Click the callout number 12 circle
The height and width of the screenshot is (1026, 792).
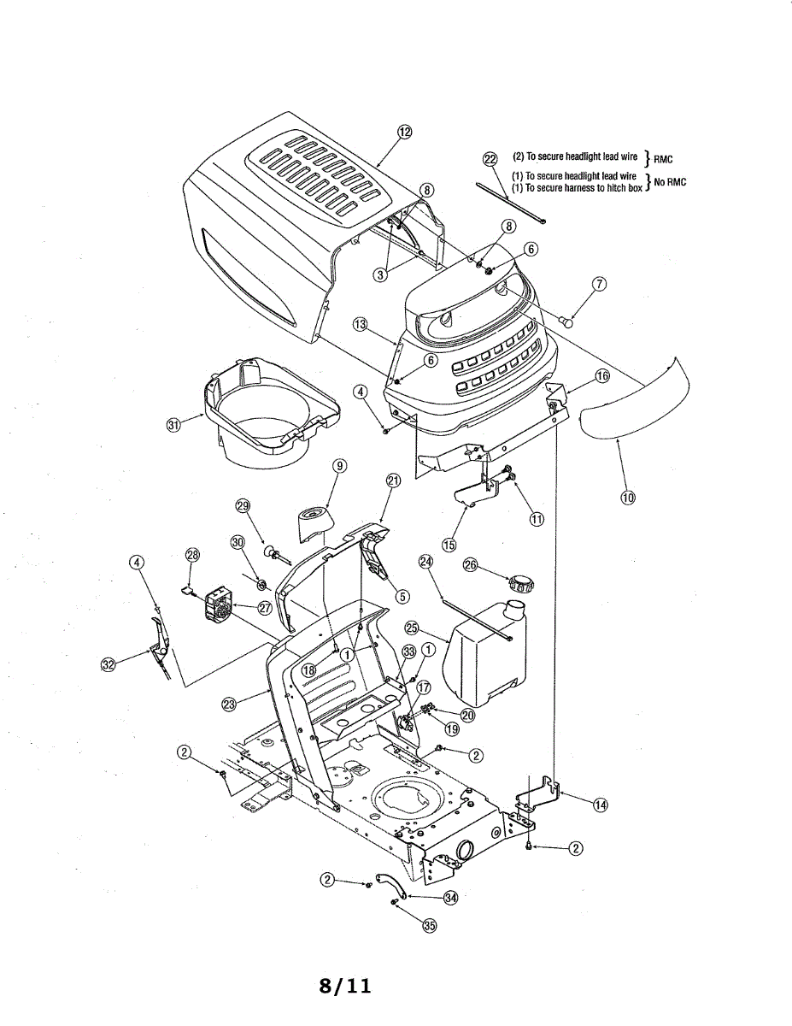click(404, 132)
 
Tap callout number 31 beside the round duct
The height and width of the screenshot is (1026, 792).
click(175, 426)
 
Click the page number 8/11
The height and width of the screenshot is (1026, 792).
click(345, 986)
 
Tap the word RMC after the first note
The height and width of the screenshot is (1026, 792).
click(663, 160)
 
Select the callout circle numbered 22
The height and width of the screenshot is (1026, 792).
click(490, 159)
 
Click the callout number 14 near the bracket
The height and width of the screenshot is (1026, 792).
click(601, 805)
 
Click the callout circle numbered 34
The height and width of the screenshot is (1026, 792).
click(450, 897)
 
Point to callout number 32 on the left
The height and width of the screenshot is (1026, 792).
click(109, 666)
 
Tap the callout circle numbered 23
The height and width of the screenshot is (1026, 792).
click(229, 705)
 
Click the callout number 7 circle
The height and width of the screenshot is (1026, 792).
click(600, 285)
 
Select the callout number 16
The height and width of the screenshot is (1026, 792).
click(602, 376)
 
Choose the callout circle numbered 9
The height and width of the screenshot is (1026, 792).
click(340, 466)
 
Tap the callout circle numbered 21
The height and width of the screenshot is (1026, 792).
click(393, 481)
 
